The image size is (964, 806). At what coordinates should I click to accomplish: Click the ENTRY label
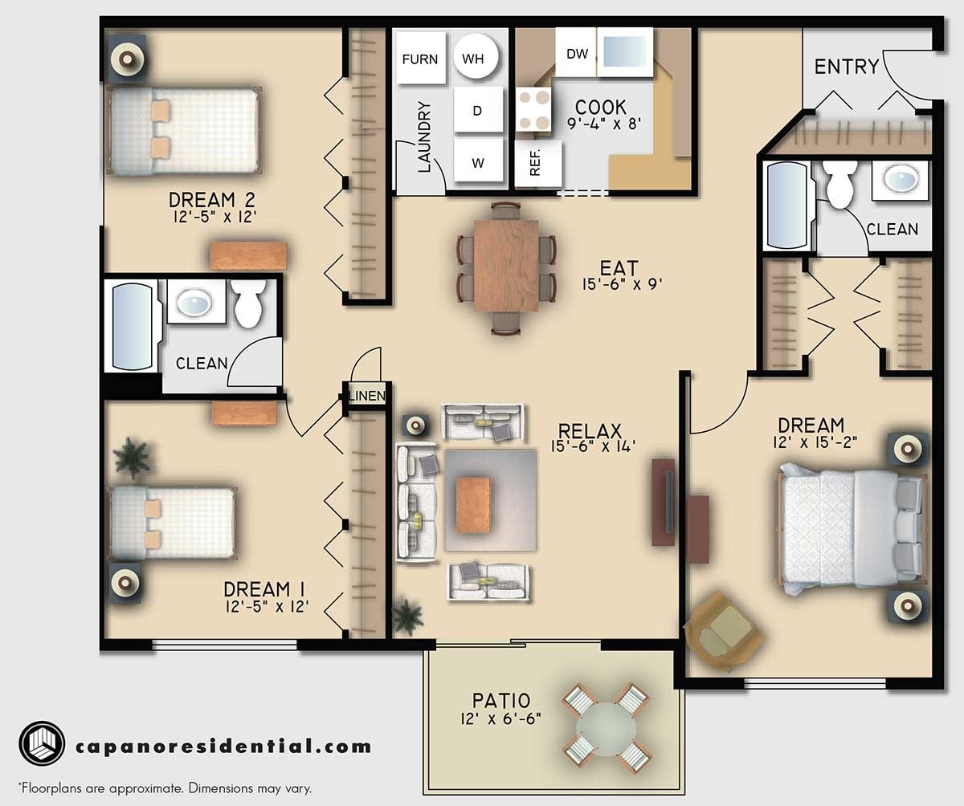(x=846, y=67)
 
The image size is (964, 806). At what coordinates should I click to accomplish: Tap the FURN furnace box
(x=419, y=59)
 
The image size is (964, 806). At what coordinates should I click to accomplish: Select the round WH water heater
(x=476, y=59)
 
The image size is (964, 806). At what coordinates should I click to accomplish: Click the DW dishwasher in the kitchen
(x=577, y=54)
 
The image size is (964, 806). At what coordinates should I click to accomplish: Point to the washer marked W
(x=477, y=163)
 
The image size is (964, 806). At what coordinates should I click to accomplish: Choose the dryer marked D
(x=477, y=110)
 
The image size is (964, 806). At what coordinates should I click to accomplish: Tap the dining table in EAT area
(x=506, y=265)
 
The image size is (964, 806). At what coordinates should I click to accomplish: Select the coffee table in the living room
(x=473, y=504)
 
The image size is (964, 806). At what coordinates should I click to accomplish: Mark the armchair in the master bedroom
(x=721, y=629)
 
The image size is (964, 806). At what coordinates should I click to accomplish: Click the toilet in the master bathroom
(x=840, y=184)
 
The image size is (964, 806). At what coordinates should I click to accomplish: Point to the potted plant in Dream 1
(x=131, y=458)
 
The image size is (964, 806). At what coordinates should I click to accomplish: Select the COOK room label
(x=601, y=108)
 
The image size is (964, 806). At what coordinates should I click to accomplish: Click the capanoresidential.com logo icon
(x=41, y=745)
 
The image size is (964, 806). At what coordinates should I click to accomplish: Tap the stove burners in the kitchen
(x=533, y=110)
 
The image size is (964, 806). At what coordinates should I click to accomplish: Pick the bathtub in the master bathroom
(x=787, y=206)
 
